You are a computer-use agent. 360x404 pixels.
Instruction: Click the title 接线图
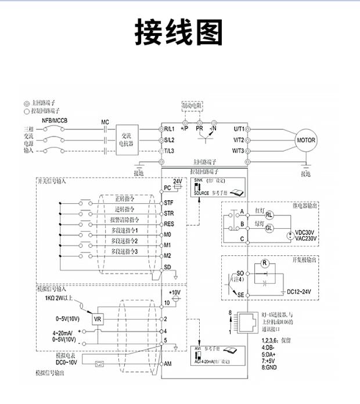(179, 33)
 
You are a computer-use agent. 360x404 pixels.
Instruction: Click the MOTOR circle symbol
(306, 140)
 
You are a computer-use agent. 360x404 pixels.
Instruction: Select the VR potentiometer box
(98, 319)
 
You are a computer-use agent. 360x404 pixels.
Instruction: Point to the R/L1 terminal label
(170, 129)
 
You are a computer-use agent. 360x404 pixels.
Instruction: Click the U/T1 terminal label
(239, 129)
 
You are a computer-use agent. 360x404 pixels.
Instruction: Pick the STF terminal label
(168, 203)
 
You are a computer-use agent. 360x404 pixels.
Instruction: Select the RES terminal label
(169, 223)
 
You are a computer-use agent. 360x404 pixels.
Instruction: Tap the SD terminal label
(167, 267)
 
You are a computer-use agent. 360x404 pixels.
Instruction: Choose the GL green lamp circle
(269, 228)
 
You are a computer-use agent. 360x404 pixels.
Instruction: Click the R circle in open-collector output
(264, 263)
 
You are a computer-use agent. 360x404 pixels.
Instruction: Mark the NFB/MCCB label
(55, 120)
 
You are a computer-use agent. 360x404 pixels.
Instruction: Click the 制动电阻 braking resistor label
(191, 107)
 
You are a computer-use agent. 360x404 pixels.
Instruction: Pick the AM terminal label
(168, 363)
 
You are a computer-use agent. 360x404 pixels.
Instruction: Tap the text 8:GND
(271, 367)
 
